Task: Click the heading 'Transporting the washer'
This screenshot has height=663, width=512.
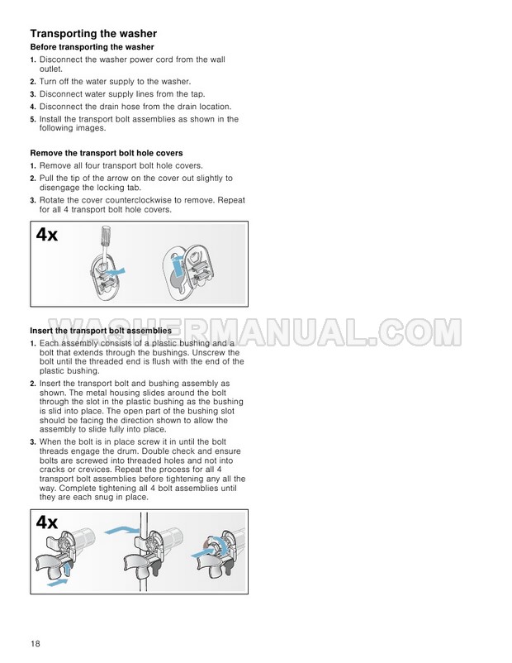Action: (93, 33)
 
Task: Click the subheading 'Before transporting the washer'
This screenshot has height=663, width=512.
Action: (92, 47)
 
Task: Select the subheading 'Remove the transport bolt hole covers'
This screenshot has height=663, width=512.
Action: (107, 153)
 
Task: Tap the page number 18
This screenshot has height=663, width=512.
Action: (35, 643)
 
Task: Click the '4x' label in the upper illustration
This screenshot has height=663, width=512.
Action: (47, 234)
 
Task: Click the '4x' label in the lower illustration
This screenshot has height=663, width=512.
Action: (47, 522)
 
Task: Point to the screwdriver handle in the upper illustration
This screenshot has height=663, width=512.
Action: (107, 237)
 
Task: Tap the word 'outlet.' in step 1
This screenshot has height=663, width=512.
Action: (50, 69)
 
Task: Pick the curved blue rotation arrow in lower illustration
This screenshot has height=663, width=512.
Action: (220, 546)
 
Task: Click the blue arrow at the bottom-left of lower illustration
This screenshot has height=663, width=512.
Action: (57, 583)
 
